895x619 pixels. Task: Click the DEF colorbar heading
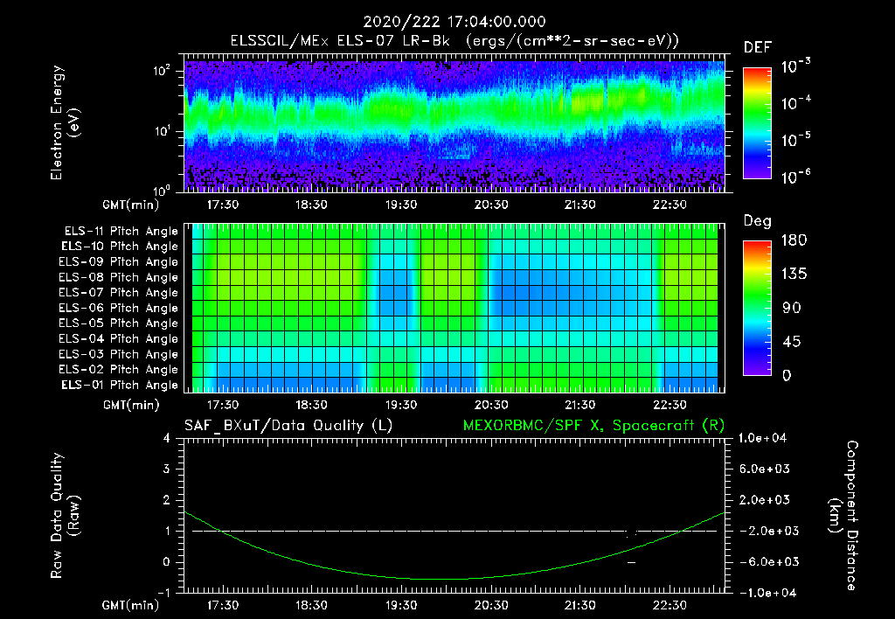(x=757, y=48)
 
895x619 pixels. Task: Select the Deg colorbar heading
(x=757, y=221)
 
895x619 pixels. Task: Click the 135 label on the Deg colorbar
(x=792, y=274)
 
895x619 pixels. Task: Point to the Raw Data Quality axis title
(x=65, y=515)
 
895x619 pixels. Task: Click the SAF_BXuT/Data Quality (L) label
(x=288, y=425)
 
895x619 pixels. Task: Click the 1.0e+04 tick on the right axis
(x=766, y=438)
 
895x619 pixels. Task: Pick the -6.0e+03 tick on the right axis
(x=766, y=561)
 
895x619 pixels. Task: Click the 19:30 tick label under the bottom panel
(x=401, y=604)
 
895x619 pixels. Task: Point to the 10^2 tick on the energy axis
(x=164, y=72)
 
